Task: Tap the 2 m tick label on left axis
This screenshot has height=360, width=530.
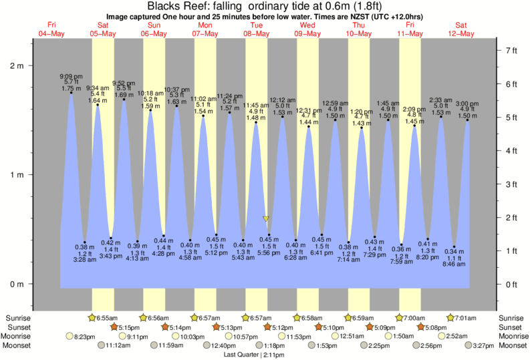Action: (x=16, y=66)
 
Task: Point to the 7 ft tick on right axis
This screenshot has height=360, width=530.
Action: (x=511, y=51)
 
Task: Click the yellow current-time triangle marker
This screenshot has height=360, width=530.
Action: (x=266, y=218)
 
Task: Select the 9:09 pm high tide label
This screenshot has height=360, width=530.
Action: (x=71, y=77)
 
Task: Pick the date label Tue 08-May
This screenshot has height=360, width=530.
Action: (x=256, y=29)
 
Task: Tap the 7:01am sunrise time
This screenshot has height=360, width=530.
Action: (x=468, y=317)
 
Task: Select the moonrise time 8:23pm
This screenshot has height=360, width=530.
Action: (x=87, y=337)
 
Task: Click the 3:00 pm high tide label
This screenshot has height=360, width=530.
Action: (x=468, y=103)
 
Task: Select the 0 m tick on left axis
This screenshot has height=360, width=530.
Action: (x=16, y=284)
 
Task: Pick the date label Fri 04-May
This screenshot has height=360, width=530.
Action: (x=51, y=29)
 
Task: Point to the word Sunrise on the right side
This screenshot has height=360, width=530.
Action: (x=509, y=317)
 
